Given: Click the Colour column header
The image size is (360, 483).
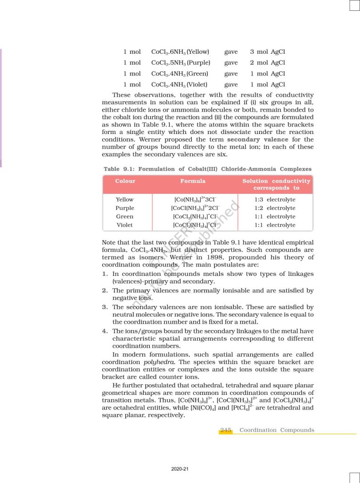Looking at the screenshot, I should [x=125, y=181].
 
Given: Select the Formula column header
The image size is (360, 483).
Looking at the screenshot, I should [x=193, y=181].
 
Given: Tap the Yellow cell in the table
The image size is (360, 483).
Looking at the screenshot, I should [x=125, y=200].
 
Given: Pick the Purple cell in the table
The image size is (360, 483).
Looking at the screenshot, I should [x=125, y=208].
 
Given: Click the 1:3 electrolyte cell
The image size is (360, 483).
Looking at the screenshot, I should [x=275, y=200].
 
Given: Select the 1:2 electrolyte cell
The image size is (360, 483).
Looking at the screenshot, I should [x=275, y=208].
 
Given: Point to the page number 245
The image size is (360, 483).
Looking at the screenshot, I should [x=226, y=430].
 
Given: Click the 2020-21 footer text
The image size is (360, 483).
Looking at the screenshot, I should [x=180, y=469].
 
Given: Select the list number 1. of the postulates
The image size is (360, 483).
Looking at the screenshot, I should [x=105, y=274].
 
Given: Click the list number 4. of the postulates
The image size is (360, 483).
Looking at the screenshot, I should [x=105, y=331].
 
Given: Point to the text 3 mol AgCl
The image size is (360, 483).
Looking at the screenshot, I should [x=267, y=52].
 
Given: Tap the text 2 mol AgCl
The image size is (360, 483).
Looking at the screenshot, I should [x=267, y=63].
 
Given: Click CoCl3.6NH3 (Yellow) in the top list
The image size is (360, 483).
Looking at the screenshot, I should [x=180, y=52].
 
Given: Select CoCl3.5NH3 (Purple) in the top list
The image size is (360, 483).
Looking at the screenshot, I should [x=180, y=63].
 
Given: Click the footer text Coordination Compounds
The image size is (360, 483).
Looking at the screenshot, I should [x=277, y=430].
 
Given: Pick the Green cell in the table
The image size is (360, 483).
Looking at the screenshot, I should [x=125, y=217].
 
